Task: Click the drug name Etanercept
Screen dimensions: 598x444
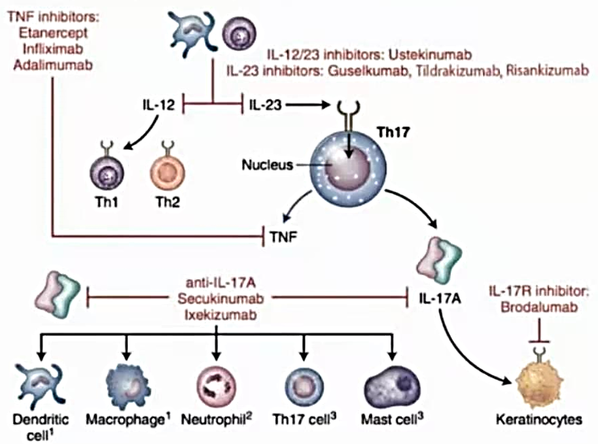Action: click(x=53, y=33)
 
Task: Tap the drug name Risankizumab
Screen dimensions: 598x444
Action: click(x=547, y=71)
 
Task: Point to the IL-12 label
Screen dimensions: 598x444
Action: click(x=158, y=105)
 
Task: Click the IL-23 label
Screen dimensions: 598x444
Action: click(x=266, y=105)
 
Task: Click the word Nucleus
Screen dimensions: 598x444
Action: click(x=268, y=165)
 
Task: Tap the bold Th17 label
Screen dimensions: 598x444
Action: click(x=393, y=132)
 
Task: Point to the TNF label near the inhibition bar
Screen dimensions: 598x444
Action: click(x=283, y=237)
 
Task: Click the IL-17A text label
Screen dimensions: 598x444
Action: click(x=440, y=298)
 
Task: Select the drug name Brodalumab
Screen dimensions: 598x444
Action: click(x=539, y=307)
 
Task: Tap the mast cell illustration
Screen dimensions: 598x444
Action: click(x=393, y=388)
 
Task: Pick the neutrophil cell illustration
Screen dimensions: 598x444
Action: click(x=217, y=386)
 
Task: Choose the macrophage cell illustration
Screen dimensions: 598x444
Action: click(x=128, y=386)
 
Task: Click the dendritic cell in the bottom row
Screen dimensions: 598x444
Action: click(x=41, y=386)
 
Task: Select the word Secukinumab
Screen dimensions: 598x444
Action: click(x=220, y=298)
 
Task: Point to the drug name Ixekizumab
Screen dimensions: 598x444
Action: click(x=220, y=315)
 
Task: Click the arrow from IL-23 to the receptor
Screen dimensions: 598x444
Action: click(x=308, y=105)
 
